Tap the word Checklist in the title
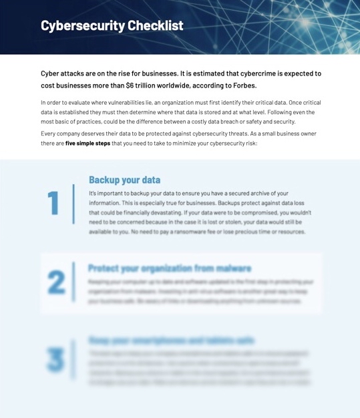(x=155, y=26)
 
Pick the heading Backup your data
(x=124, y=180)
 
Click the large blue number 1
(x=54, y=203)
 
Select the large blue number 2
(x=56, y=282)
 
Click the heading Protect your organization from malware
(x=170, y=268)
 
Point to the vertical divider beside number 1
(x=73, y=204)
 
